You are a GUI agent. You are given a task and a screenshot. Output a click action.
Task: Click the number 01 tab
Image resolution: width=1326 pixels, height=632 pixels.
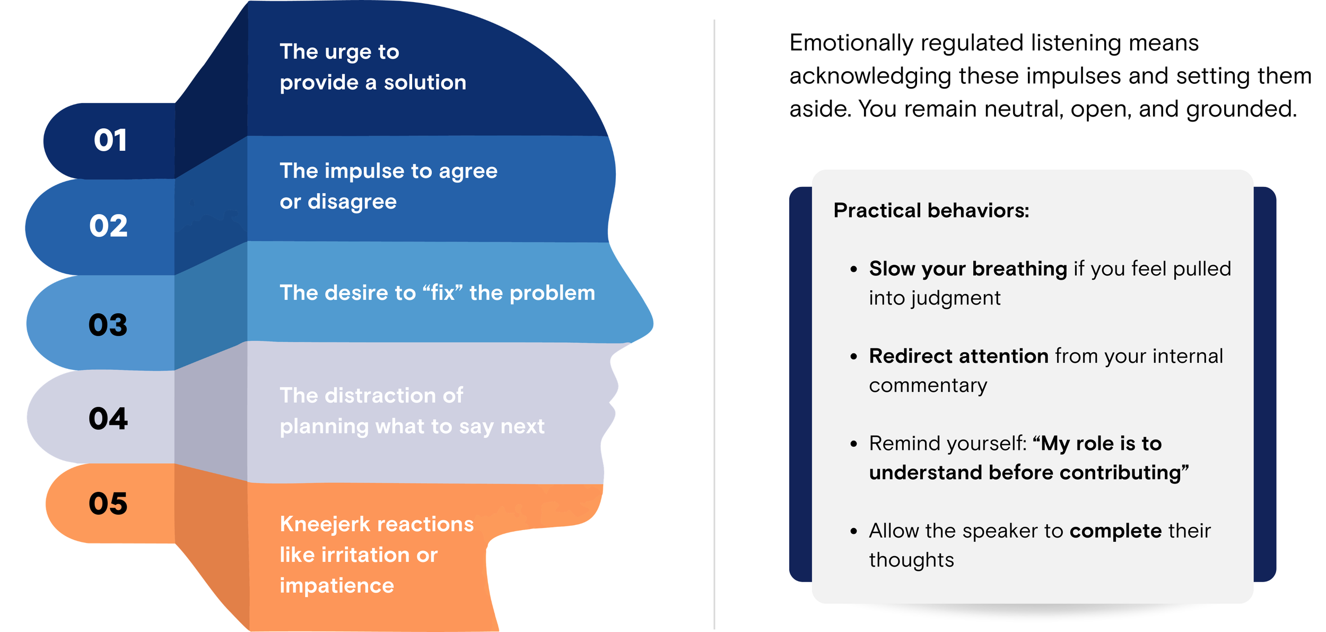coord(110,141)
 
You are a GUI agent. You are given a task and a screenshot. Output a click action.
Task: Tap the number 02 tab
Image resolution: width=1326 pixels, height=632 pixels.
coord(108,226)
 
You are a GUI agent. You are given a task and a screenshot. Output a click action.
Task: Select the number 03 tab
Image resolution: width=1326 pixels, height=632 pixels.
coord(108,325)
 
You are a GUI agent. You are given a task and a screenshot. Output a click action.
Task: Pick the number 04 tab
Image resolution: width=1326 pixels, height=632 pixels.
coord(108,419)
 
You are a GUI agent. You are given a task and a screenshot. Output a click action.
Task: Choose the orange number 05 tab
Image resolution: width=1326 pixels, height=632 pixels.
coord(108,504)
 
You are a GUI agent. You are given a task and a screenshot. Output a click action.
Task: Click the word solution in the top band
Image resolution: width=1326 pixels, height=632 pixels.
coord(425,83)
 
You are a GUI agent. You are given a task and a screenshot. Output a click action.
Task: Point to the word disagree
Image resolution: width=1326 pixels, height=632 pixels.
coord(352,202)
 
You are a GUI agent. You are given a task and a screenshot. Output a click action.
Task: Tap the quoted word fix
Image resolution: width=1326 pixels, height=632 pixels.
coord(442,293)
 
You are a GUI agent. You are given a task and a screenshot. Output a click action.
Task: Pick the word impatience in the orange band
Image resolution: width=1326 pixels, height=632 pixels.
coord(337,586)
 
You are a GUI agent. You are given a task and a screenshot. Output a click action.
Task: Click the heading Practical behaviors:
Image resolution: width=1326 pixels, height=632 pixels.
coord(931,211)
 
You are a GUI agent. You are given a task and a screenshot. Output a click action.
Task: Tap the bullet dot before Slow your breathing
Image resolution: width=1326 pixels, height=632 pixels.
coord(853,270)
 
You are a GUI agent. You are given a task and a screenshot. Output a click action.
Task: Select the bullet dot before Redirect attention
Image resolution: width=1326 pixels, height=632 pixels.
coord(853,357)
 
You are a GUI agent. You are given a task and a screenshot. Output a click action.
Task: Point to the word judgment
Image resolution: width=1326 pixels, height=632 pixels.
coord(956,298)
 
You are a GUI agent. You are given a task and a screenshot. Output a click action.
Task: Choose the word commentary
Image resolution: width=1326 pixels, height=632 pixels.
coord(928,386)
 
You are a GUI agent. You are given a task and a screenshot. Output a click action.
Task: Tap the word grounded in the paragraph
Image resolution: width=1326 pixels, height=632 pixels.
coord(1241,109)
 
